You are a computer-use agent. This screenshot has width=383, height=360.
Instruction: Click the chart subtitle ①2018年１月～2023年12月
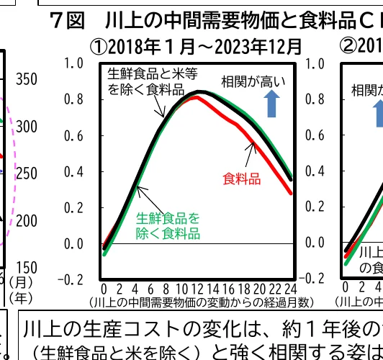tap(195, 47)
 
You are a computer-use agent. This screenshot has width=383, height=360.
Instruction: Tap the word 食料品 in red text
tap(242, 179)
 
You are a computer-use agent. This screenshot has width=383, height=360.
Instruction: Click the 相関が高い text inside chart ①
tap(253, 80)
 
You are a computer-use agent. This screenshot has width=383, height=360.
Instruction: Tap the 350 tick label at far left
tap(27, 79)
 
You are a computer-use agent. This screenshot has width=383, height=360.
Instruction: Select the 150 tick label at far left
tap(27, 269)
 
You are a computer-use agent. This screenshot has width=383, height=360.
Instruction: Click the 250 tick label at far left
tap(27, 174)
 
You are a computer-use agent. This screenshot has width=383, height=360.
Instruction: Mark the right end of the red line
tap(291, 193)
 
